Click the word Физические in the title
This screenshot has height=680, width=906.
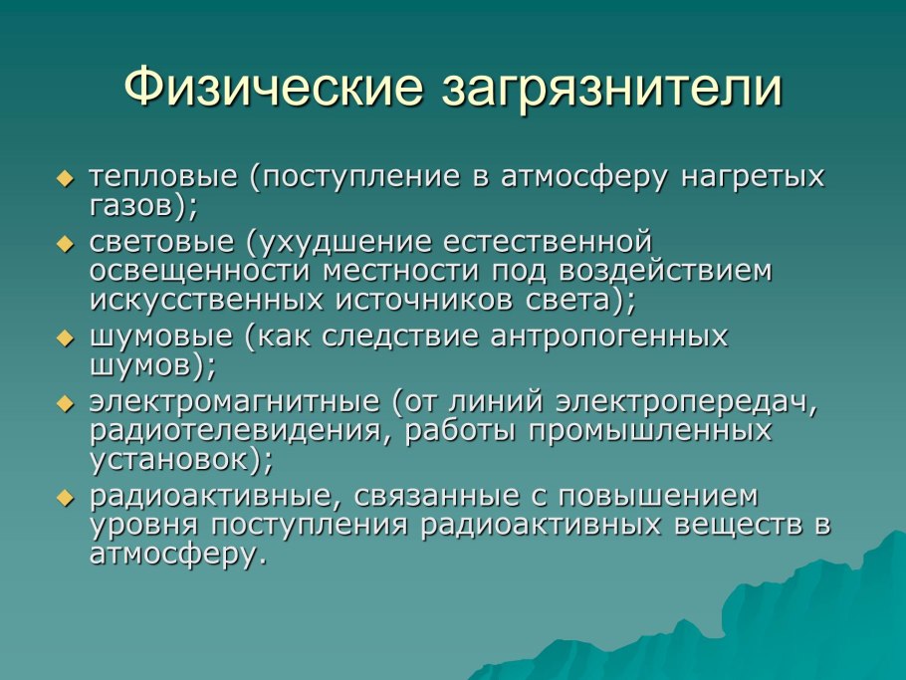(x=274, y=87)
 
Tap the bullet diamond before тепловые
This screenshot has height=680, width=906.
(x=66, y=178)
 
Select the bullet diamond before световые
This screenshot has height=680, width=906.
(x=66, y=244)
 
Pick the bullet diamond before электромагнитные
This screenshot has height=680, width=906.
(x=66, y=403)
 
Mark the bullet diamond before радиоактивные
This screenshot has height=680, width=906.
(x=66, y=498)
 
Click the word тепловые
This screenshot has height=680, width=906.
(x=163, y=177)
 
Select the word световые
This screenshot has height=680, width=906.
(x=161, y=242)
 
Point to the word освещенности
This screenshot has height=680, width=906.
(x=200, y=271)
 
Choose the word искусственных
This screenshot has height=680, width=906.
(x=206, y=301)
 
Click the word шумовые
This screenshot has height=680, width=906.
(x=161, y=337)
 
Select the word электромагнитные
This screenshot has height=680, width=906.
(x=234, y=402)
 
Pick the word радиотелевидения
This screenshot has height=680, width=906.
(x=235, y=431)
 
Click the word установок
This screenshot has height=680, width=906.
(x=168, y=461)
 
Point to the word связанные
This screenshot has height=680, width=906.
(x=439, y=497)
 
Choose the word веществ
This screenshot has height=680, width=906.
(x=739, y=526)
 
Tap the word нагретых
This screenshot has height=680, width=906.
(x=753, y=177)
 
